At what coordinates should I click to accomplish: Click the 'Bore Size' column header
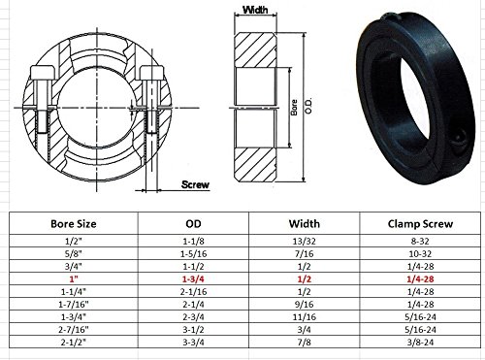tap(74, 224)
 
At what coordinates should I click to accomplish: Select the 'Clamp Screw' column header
tap(420, 224)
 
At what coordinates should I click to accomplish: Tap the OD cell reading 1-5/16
tap(193, 254)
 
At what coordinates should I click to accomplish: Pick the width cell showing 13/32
tap(304, 242)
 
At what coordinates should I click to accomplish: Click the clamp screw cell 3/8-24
tap(420, 343)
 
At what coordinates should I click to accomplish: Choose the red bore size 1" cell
tap(74, 279)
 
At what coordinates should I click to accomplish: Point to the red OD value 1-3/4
tap(193, 279)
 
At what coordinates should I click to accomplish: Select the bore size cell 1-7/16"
tap(74, 305)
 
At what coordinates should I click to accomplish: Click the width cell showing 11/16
tap(304, 317)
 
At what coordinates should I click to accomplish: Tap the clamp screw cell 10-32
tap(420, 254)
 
